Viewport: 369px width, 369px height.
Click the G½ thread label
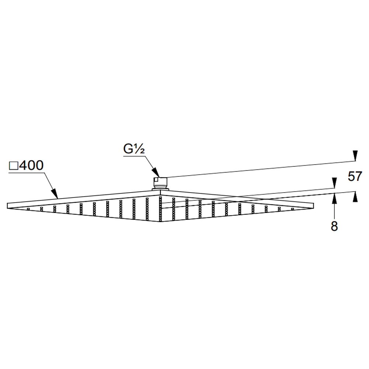pyautogui.click(x=134, y=149)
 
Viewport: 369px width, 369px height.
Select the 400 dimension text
pyautogui.click(x=31, y=165)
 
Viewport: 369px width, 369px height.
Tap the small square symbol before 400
pyautogui.click(x=13, y=166)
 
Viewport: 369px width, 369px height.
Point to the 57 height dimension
pyautogui.click(x=355, y=176)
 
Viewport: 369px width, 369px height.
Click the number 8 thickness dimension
pyautogui.click(x=334, y=226)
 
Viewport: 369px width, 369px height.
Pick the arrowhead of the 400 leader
pyautogui.click(x=54, y=193)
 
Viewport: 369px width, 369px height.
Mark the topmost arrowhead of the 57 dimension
pyautogui.click(x=355, y=156)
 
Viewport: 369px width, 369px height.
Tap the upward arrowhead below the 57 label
pyautogui.click(x=355, y=197)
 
